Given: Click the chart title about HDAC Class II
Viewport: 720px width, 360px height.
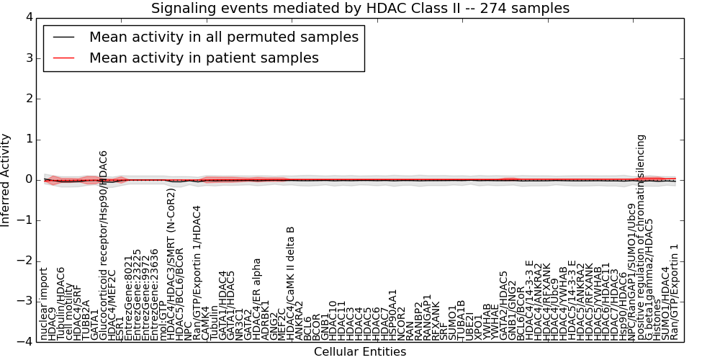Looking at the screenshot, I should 360,9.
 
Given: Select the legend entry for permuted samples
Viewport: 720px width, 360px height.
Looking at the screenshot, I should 223,37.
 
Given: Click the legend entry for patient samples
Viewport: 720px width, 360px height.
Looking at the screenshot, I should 204,58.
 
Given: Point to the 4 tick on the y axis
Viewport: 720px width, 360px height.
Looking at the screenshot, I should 28,17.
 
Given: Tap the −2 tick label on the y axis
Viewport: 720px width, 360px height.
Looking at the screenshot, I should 25,261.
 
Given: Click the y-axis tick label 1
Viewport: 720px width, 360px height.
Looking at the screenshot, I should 28,139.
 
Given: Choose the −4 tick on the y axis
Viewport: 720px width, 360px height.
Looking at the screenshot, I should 25,342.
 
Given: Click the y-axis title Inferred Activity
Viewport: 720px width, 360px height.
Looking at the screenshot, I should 6,180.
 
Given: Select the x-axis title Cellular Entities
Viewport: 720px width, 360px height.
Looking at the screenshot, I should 360,352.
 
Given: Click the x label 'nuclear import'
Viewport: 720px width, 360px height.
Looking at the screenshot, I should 44,303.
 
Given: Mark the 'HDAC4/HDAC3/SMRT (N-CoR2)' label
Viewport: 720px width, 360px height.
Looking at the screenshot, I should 171,264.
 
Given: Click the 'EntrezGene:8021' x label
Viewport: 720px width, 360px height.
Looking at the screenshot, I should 129,298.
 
